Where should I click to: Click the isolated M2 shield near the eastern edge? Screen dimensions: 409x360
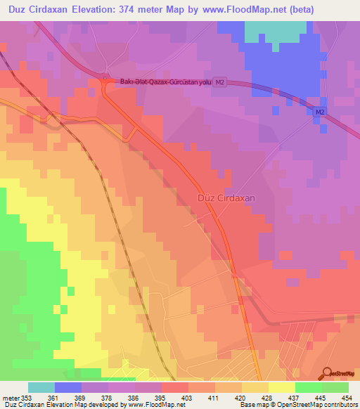(x=320, y=112)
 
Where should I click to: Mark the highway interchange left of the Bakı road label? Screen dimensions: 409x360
(x=105, y=82)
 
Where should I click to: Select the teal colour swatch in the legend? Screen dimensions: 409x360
(x=41, y=387)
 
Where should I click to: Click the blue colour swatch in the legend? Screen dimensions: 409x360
(x=68, y=387)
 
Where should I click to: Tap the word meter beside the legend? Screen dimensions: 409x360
(x=11, y=398)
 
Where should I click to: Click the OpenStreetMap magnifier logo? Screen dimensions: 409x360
(x=328, y=373)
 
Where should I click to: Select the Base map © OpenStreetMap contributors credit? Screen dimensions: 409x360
(x=297, y=405)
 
